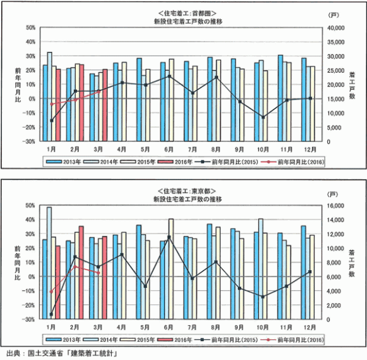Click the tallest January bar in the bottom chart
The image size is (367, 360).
click(x=50, y=263)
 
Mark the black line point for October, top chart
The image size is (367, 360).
click(x=262, y=117)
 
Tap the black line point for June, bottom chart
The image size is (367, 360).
click(x=169, y=237)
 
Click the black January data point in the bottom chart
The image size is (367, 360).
click(x=51, y=314)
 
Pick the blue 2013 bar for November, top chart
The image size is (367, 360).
click(x=280, y=98)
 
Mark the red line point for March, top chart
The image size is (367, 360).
click(x=98, y=92)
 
